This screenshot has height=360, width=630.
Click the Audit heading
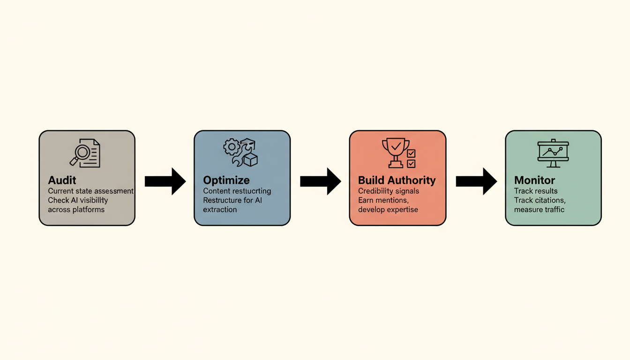click(x=62, y=180)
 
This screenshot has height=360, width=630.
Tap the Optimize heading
click(x=226, y=180)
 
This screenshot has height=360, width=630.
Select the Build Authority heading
click(x=397, y=180)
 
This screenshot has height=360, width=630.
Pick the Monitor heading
click(x=534, y=180)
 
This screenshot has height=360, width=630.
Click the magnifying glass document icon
click(x=85, y=153)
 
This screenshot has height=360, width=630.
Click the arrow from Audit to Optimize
click(x=165, y=181)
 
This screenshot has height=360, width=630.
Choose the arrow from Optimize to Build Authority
click(x=320, y=181)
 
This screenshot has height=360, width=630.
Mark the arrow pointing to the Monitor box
click(x=476, y=181)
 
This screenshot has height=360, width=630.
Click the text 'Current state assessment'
click(x=90, y=191)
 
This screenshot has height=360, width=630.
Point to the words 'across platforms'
click(x=76, y=210)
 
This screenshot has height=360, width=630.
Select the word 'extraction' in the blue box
click(x=220, y=210)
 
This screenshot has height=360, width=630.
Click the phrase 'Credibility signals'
click(x=389, y=191)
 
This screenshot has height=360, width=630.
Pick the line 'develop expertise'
click(x=387, y=210)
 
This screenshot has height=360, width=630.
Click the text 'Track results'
click(x=536, y=191)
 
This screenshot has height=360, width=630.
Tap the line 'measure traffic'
click(x=539, y=210)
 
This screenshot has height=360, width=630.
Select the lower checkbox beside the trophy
click(x=411, y=164)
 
